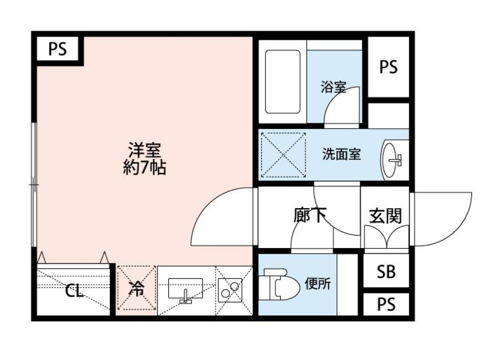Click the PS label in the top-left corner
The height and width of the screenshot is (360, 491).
pos(58,50)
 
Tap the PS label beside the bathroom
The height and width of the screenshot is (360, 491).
pos(389,67)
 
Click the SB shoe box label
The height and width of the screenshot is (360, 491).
pos(386,272)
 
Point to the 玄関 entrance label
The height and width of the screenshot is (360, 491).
pos(385,216)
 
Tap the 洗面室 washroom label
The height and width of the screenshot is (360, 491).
pos(341,154)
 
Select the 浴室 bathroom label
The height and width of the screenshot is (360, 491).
pos(333,87)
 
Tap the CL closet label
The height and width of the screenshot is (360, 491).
pos(74,292)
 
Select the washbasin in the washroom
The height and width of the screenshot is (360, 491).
pos(392,159)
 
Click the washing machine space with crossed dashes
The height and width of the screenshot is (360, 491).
pos(283,154)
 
